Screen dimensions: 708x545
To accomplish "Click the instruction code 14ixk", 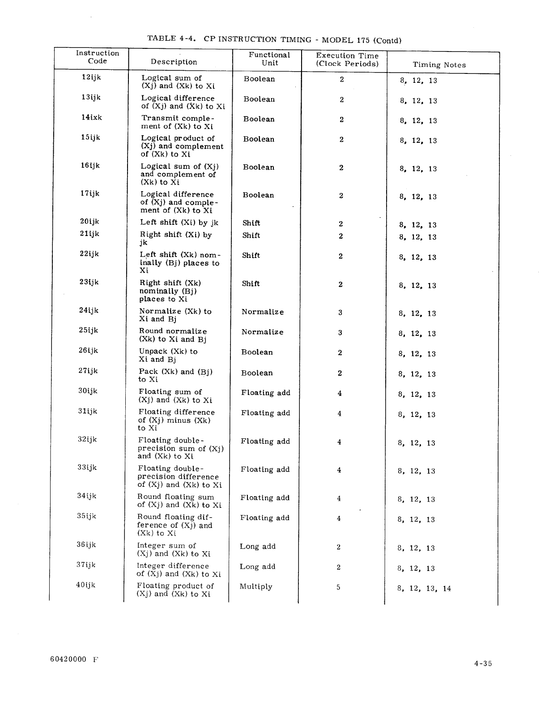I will [91, 117].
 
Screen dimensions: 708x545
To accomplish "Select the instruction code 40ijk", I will [85, 585].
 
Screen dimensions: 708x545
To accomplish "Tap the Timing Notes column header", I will [439, 65].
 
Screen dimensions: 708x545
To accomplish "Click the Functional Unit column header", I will [269, 59].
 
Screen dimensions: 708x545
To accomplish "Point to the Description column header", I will [174, 62].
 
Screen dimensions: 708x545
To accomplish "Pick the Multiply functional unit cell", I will [256, 587].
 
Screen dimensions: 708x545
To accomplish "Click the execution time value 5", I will [339, 587].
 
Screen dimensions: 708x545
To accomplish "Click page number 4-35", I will [483, 664].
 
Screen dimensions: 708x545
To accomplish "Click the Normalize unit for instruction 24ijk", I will [263, 312].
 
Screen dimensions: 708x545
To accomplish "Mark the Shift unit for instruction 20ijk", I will [251, 223].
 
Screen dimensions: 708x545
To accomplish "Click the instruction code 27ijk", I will [88, 371].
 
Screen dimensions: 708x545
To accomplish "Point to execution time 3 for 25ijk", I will [340, 333].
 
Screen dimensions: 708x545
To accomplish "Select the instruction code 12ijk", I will [91, 77].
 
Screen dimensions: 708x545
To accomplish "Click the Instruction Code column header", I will [98, 57].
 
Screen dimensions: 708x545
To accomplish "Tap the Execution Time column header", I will [347, 59].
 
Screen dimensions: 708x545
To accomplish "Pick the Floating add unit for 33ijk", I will [265, 469].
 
